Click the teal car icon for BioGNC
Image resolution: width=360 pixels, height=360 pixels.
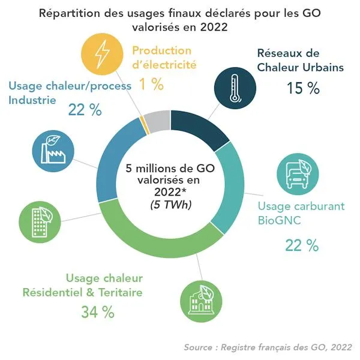click(x=297, y=175)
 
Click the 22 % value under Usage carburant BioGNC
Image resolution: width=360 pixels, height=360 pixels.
click(x=302, y=245)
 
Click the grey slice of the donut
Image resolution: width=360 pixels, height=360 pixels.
click(x=158, y=122)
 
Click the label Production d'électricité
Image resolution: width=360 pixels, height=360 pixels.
click(x=162, y=58)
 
